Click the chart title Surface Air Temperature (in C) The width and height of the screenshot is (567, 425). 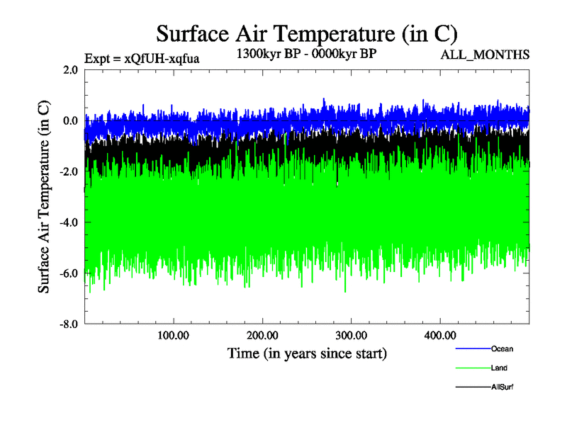[x=307, y=33]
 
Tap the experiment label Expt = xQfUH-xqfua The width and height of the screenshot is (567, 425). [x=141, y=59]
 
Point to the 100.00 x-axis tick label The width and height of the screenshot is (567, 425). [x=173, y=335]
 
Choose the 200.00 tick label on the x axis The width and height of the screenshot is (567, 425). [x=262, y=335]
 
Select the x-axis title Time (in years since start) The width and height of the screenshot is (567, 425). [x=307, y=353]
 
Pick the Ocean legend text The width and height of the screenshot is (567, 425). [x=502, y=348]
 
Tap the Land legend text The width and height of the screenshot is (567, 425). [x=499, y=368]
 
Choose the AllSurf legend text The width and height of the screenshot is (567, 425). [x=502, y=387]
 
